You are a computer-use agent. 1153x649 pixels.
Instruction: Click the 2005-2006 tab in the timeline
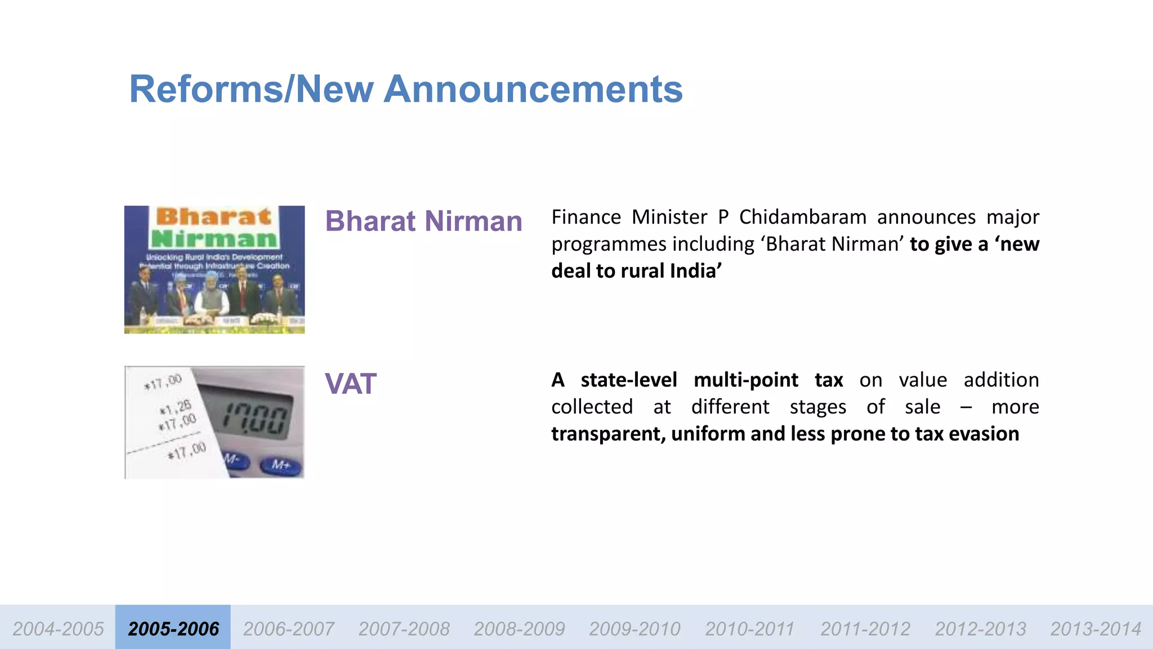[x=173, y=628]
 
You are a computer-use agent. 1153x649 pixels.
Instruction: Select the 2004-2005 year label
[x=58, y=628]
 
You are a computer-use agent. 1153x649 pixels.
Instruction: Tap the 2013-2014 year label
[x=1096, y=628]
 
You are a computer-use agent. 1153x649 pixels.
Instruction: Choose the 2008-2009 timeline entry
[x=519, y=628]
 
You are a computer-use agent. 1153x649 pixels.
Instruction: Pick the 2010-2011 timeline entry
[x=749, y=628]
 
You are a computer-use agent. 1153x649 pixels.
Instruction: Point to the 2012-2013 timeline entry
[x=980, y=628]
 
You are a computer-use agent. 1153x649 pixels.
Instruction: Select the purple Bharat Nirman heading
[x=423, y=221]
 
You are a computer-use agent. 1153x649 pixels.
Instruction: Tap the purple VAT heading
[x=350, y=384]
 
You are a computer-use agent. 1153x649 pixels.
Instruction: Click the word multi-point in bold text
[x=745, y=380]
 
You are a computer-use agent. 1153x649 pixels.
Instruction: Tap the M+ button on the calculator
[x=281, y=465]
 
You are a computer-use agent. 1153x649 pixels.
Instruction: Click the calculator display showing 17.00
[x=254, y=420]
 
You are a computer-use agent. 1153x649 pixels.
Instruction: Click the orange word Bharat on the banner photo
[x=213, y=217]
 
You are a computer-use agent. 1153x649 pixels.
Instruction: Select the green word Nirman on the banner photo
[x=214, y=238]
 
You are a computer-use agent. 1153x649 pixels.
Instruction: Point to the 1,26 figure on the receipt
[x=177, y=407]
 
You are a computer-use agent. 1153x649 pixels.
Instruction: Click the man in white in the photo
[x=212, y=296]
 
